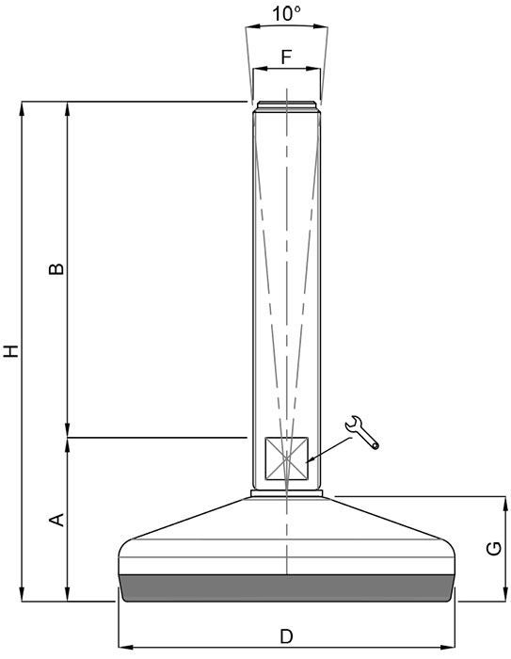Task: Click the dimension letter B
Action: (x=56, y=269)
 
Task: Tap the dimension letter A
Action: (x=56, y=520)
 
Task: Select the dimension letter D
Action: (x=287, y=636)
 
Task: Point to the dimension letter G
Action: (x=494, y=549)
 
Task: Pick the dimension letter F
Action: (x=287, y=56)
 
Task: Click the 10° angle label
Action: (x=287, y=14)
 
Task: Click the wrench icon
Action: (x=361, y=432)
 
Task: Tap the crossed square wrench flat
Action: (x=286, y=458)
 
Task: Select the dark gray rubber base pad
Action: (x=287, y=588)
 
